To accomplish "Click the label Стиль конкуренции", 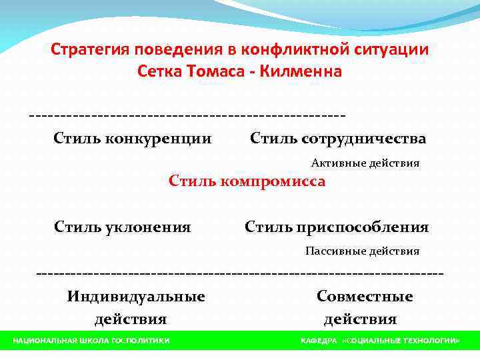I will click(133, 139).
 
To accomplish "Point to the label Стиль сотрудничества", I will click(338, 139).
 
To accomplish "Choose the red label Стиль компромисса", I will click(247, 181).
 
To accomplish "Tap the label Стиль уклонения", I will click(123, 227).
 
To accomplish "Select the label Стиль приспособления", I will click(337, 227).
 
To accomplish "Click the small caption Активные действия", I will click(365, 163).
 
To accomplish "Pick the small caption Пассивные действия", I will click(363, 251).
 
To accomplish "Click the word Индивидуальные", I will click(136, 297).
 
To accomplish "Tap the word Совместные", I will click(365, 297).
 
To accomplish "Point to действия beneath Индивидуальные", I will click(131, 319).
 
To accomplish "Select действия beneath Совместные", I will click(361, 319).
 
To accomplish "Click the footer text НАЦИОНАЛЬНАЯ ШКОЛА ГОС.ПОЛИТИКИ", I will click(91, 341).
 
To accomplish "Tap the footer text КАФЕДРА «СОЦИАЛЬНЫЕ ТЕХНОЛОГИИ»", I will click(380, 341).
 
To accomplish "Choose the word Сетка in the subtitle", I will click(157, 71).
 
